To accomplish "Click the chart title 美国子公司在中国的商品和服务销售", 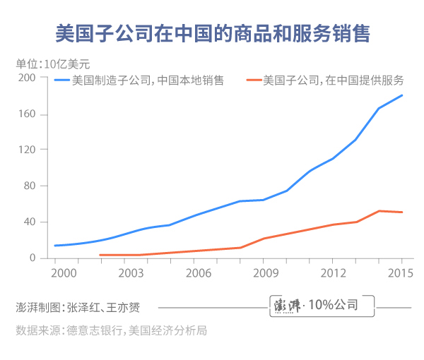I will (x=212, y=33).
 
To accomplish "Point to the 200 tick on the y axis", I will (x=27, y=78).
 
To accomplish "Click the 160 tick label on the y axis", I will (x=27, y=114).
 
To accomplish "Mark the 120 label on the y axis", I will (x=27, y=150).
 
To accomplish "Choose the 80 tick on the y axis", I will (x=30, y=186).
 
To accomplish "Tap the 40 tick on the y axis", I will (x=30, y=222).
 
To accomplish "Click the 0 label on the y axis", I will (x=33, y=258).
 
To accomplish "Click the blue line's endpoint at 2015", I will (x=402, y=95).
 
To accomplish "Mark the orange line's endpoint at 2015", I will (x=402, y=212).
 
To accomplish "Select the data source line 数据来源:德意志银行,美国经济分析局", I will (x=112, y=330).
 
